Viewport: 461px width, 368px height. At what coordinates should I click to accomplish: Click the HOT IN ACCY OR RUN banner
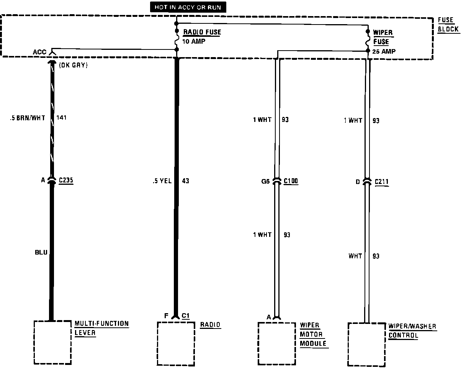(188, 7)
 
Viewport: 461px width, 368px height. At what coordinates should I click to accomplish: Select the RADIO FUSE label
(202, 32)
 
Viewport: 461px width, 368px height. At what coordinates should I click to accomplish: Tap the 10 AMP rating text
(193, 41)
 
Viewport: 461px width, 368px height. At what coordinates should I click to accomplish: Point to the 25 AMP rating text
(384, 51)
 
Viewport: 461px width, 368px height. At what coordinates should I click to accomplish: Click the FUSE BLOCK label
(448, 25)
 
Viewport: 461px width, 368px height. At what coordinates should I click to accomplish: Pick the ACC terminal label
(39, 52)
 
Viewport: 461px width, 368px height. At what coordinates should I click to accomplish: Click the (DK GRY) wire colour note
(74, 66)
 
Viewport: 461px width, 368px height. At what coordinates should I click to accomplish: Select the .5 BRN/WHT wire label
(28, 118)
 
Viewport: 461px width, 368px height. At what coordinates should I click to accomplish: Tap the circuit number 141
(61, 118)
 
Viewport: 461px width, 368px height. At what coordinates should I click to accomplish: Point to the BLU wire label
(41, 252)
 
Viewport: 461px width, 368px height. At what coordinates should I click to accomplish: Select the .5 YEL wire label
(162, 181)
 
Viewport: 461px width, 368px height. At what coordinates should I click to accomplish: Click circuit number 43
(185, 181)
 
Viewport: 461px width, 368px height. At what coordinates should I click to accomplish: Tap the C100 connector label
(291, 181)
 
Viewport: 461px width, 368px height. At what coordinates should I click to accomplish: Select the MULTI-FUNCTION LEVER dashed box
(53, 342)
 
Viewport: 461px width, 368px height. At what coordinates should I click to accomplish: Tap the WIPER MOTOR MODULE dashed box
(276, 343)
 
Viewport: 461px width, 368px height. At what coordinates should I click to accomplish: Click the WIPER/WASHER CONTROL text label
(412, 331)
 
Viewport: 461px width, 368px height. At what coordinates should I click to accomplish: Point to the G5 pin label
(266, 181)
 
